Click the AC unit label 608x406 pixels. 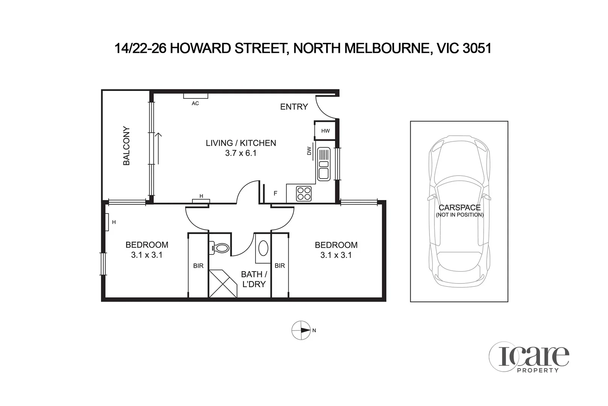pyautogui.click(x=195, y=103)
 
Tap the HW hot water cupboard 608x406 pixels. pyautogui.click(x=325, y=131)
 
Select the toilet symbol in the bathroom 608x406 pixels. pyautogui.click(x=220, y=248)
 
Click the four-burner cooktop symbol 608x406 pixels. pyautogui.click(x=304, y=194)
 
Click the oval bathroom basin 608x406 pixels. pyautogui.click(x=263, y=248)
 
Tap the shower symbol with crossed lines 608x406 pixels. pyautogui.click(x=222, y=283)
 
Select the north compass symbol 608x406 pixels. pyautogui.click(x=301, y=330)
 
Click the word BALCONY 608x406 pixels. pyautogui.click(x=127, y=146)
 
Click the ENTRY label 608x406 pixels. pyautogui.click(x=294, y=107)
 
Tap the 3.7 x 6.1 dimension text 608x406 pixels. pyautogui.click(x=240, y=153)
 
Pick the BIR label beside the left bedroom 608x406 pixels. pyautogui.click(x=198, y=266)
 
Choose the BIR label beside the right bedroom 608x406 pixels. pyautogui.click(x=280, y=266)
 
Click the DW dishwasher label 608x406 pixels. pyautogui.click(x=309, y=151)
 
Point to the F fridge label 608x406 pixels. pyautogui.click(x=275, y=194)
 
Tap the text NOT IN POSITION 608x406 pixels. pyautogui.click(x=460, y=215)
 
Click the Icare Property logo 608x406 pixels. pyautogui.click(x=529, y=356)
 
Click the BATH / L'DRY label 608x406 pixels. pyautogui.click(x=254, y=279)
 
